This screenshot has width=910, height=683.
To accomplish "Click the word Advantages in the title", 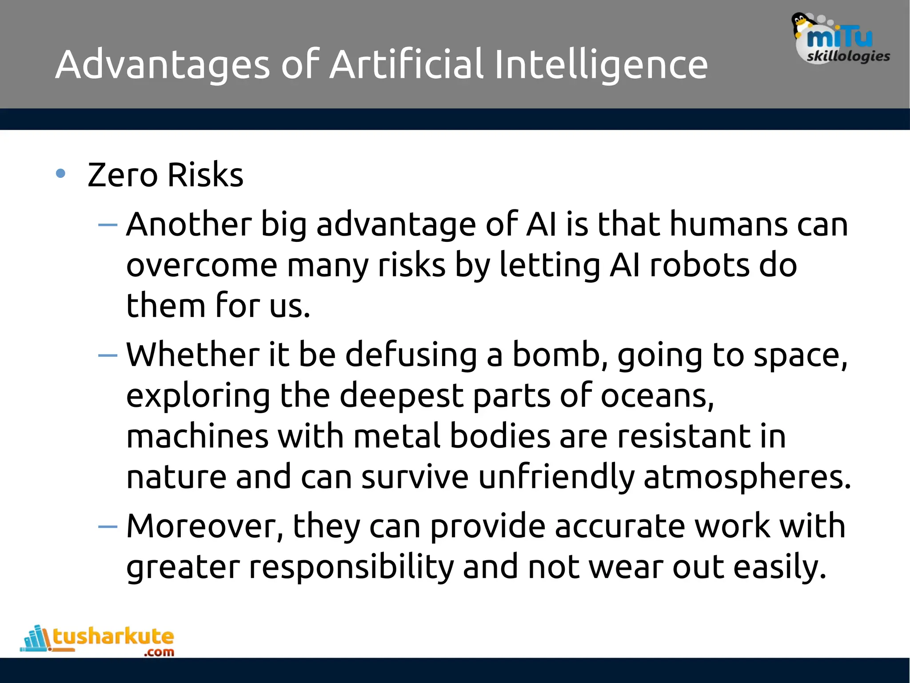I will click(163, 65).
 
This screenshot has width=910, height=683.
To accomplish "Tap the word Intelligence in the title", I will click(601, 65).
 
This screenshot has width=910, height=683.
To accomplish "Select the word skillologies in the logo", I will click(848, 56).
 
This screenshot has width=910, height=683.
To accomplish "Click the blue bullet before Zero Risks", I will click(61, 174).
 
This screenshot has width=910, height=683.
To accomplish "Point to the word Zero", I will click(123, 175).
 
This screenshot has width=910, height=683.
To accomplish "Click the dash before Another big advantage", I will click(108, 225).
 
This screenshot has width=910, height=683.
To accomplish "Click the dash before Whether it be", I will click(108, 355).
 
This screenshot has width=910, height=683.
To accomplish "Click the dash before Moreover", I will click(108, 527).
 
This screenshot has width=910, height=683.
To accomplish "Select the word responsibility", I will click(351, 567).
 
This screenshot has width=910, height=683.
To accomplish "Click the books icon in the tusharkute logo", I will click(36, 638).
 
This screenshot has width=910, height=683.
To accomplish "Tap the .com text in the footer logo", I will click(159, 652).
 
